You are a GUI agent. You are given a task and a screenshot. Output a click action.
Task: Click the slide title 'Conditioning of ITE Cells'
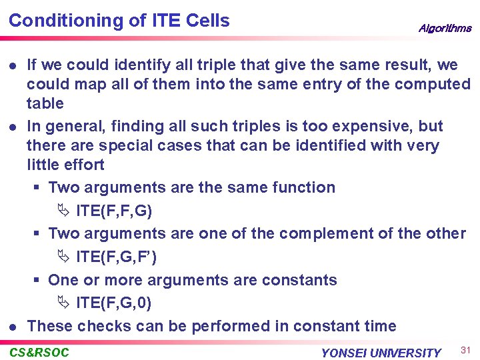point(119,21)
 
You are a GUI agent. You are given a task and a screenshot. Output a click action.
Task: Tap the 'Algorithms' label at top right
point(445,28)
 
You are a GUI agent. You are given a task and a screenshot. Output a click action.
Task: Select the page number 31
point(465,349)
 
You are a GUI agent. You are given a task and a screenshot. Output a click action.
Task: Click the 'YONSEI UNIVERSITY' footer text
point(381,353)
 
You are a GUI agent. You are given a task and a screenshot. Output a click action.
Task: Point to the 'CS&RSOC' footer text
point(39,352)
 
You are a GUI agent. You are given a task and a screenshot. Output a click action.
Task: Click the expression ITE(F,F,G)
point(114,211)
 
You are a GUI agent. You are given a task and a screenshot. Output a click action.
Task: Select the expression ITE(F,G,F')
point(117,257)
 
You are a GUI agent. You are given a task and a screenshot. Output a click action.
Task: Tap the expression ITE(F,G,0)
point(114,303)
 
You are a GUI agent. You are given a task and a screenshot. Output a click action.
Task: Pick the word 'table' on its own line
point(45,103)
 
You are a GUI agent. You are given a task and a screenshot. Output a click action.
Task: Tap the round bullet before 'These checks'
point(13,327)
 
